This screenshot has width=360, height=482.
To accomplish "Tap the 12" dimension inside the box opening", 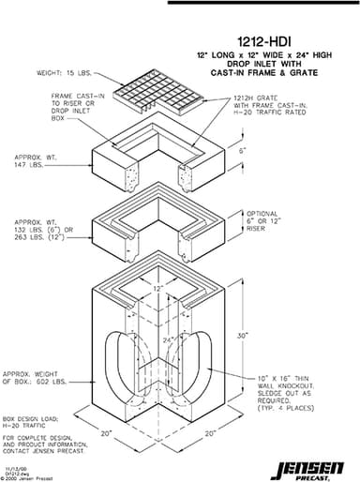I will coord(162,288).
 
